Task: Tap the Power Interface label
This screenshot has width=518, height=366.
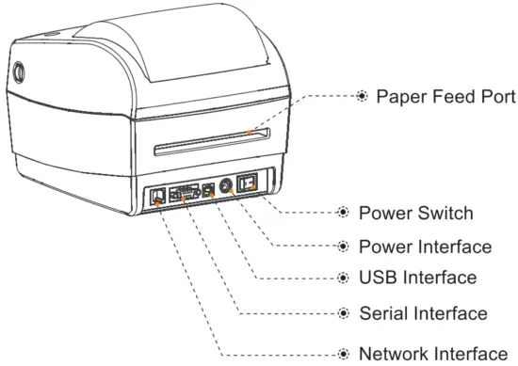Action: (x=426, y=246)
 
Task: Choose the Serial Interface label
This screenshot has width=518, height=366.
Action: (x=424, y=312)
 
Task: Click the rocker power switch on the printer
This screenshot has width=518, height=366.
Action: (x=249, y=184)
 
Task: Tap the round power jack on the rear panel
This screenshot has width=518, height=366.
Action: (x=225, y=186)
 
